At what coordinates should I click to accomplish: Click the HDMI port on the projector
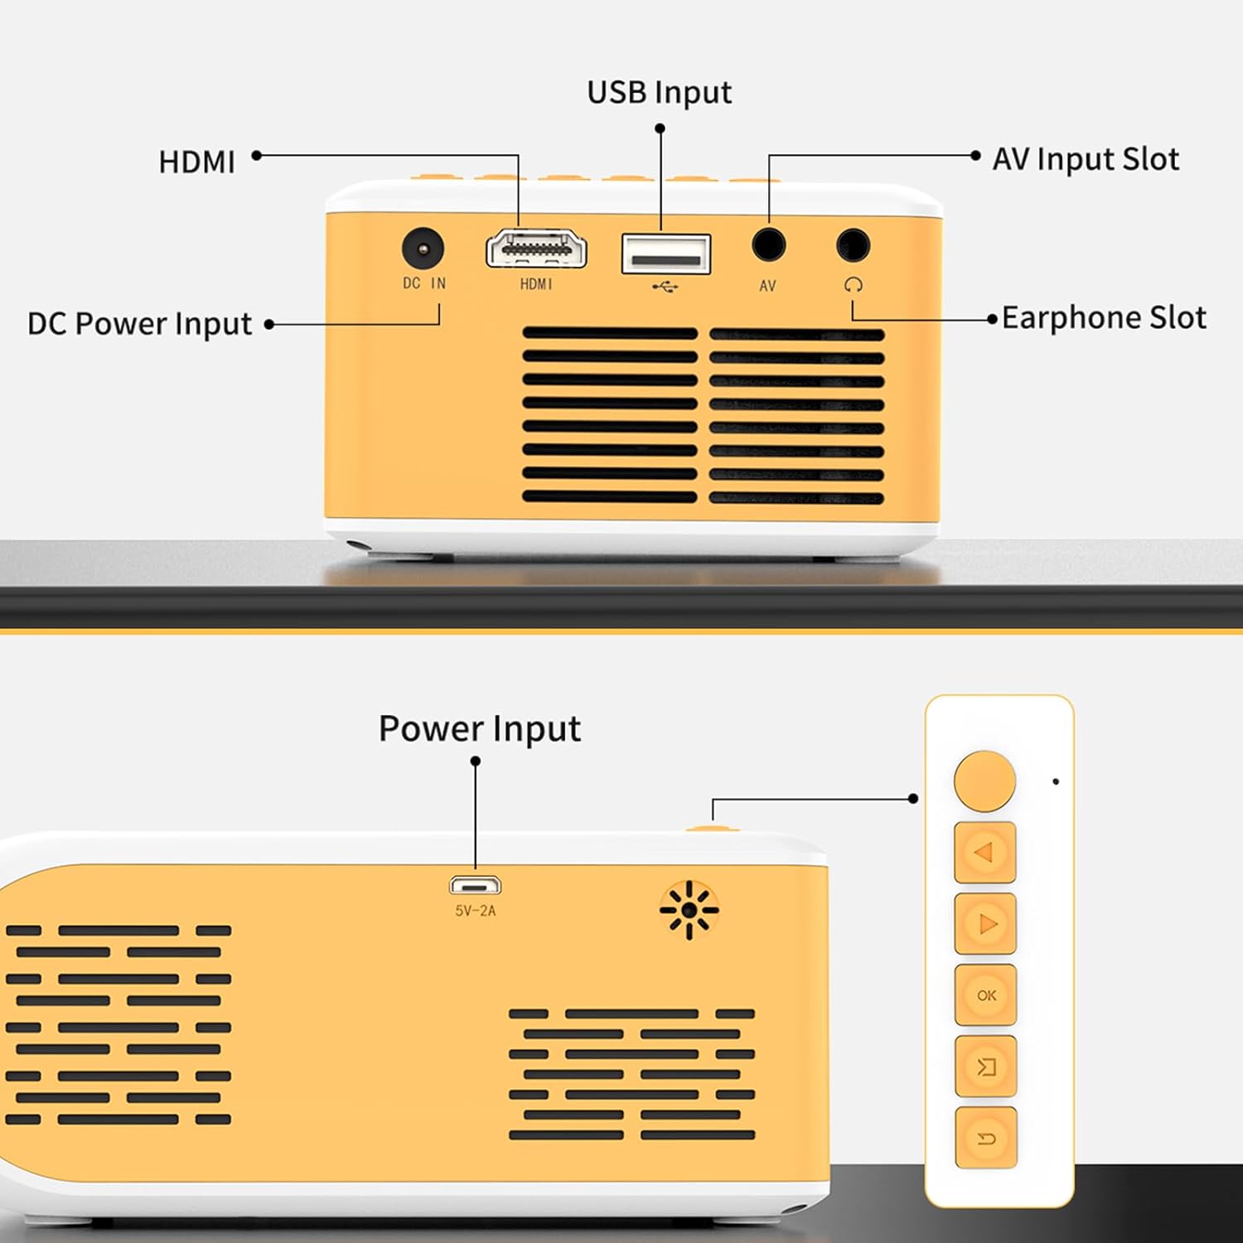click(x=536, y=249)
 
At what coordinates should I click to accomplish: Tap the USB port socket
click(x=666, y=254)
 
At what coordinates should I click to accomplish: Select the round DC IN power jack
click(x=423, y=248)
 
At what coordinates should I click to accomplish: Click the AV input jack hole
click(x=768, y=244)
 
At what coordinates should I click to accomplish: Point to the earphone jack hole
click(x=853, y=244)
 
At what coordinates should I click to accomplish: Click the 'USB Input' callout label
click(x=659, y=93)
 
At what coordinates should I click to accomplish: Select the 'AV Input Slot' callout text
click(x=1085, y=159)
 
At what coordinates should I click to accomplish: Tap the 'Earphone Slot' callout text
click(x=1103, y=318)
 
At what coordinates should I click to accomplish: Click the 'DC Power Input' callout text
click(x=139, y=324)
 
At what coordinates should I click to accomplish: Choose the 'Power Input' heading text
click(x=479, y=729)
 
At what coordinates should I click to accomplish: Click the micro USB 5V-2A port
click(x=475, y=886)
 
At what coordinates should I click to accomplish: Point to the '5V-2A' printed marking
click(x=475, y=911)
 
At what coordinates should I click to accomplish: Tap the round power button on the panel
click(x=984, y=781)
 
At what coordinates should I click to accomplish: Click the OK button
click(x=985, y=994)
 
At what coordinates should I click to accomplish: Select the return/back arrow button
click(x=985, y=1139)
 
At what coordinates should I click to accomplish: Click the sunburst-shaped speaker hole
click(x=689, y=910)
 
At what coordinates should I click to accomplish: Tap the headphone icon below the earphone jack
click(x=853, y=285)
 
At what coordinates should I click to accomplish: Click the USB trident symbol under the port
click(x=665, y=287)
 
